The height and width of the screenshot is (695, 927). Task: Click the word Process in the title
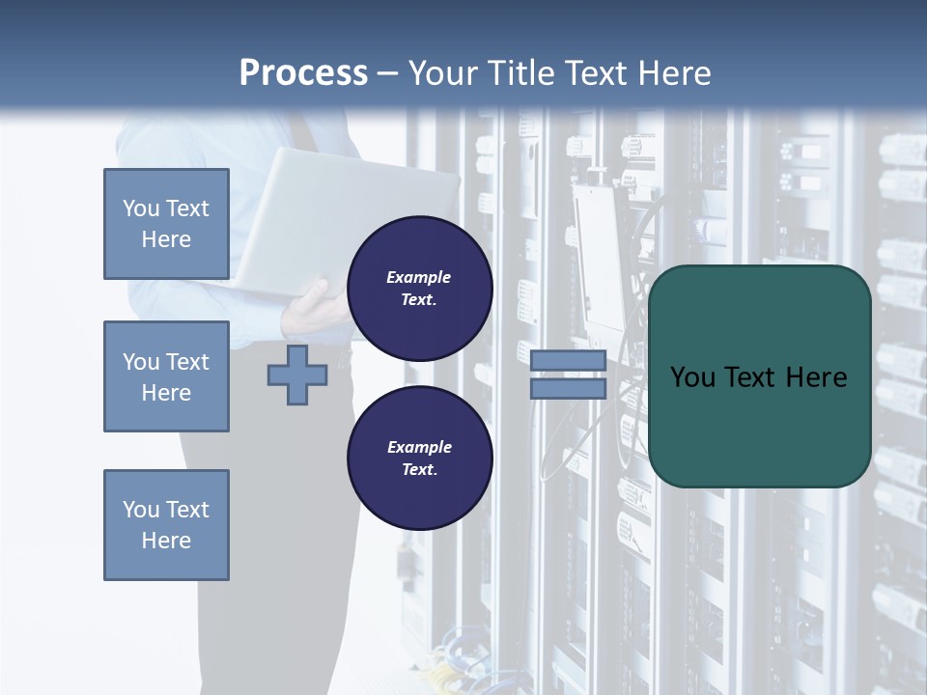pos(303,73)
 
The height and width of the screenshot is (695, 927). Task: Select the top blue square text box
pos(166,224)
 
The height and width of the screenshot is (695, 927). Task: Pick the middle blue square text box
pos(166,376)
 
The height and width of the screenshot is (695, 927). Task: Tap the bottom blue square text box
pos(166,525)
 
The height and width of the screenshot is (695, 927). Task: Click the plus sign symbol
pos(297,375)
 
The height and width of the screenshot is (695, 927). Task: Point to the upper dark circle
pos(420,289)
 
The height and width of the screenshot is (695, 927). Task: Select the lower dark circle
pos(420,459)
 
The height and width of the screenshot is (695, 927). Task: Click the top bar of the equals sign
pos(568,361)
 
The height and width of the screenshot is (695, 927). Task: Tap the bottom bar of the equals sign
pos(568,388)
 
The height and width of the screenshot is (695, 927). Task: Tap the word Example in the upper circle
pos(419,277)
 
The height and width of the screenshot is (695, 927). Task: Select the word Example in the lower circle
pos(419,447)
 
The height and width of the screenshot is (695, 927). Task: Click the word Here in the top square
pos(166,239)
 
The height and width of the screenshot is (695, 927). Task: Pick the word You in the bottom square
pos(140,510)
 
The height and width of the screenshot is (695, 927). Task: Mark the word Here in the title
pos(674,73)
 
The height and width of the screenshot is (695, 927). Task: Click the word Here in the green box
pos(816,377)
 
